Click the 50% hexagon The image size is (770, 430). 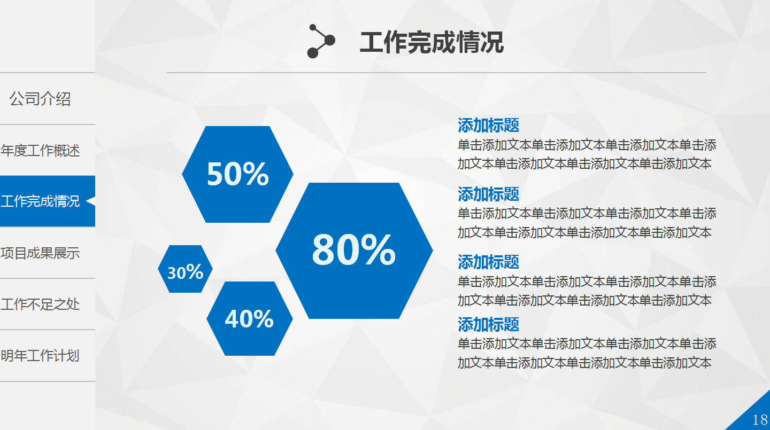pyautogui.click(x=237, y=174)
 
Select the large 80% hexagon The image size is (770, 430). pyautogui.click(x=354, y=251)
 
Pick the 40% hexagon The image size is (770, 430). pyautogui.click(x=249, y=319)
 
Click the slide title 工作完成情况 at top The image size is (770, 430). pyautogui.click(x=432, y=43)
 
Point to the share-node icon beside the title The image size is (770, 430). pyautogui.click(x=321, y=41)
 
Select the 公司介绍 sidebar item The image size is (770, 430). pyautogui.click(x=40, y=99)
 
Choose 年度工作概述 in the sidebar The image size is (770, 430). pyautogui.click(x=40, y=151)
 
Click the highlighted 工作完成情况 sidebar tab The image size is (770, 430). pyautogui.click(x=40, y=201)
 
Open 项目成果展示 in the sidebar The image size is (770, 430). pyautogui.click(x=40, y=253)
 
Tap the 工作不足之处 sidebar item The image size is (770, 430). pyautogui.click(x=40, y=304)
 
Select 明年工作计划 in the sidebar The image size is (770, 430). pyautogui.click(x=40, y=356)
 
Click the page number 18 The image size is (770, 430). pyautogui.click(x=760, y=420)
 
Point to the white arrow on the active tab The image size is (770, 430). pyautogui.click(x=90, y=201)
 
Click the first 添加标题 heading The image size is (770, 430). pyautogui.click(x=488, y=126)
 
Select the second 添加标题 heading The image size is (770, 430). pyautogui.click(x=488, y=194)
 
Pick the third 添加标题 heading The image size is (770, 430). pyautogui.click(x=488, y=262)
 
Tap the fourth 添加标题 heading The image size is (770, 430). pyautogui.click(x=488, y=324)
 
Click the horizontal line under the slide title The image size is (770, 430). pyautogui.click(x=436, y=72)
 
